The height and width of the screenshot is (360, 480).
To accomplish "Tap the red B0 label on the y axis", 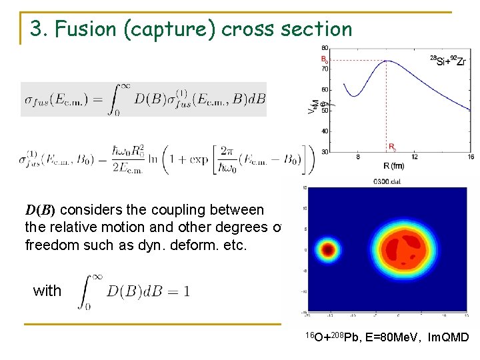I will pos(324,59).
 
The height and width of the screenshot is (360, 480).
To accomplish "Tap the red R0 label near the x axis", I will pos(392,147).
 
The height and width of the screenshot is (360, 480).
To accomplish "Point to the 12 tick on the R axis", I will pos(415,157).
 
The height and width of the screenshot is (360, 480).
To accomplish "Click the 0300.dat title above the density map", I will pos(387,181).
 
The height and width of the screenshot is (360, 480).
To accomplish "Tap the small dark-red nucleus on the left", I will pos(327,250).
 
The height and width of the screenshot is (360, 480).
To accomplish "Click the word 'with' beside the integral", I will pos(47,291).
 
